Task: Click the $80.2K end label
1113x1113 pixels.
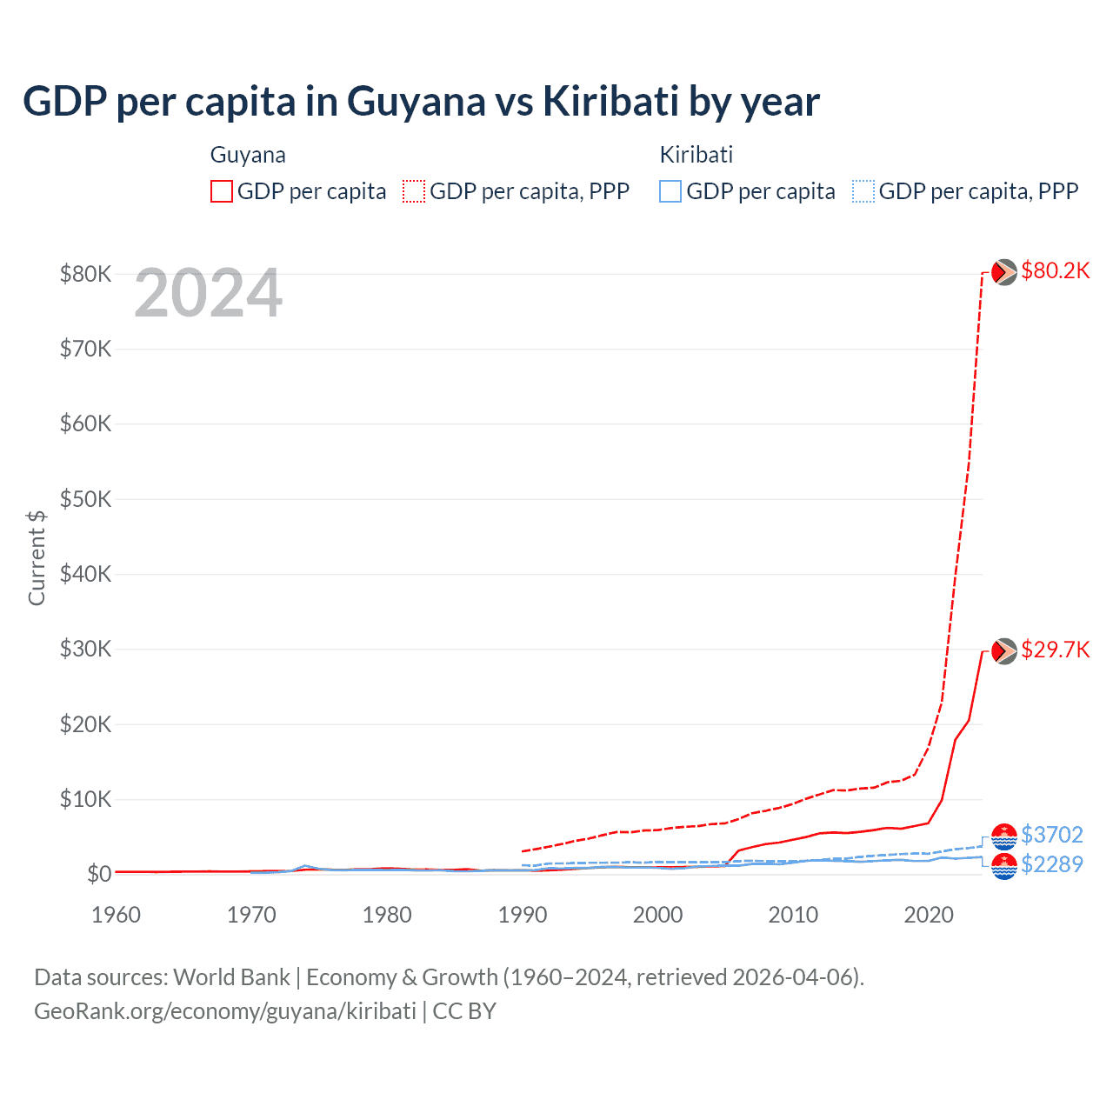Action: point(1055,271)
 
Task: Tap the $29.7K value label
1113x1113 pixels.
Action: point(1055,650)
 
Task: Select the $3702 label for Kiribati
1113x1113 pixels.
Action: point(1051,835)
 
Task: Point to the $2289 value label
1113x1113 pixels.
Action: point(1051,864)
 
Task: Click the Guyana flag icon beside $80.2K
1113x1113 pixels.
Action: point(1004,272)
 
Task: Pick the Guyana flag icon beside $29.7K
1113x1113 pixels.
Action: point(1004,650)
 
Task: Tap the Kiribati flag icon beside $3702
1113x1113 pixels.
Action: point(1004,836)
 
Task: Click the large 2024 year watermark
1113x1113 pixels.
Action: point(208,294)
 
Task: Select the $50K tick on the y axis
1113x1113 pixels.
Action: point(85,499)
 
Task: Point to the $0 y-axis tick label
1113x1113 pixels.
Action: point(99,874)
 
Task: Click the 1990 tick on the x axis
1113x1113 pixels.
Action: point(523,915)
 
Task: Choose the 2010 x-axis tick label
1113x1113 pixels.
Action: point(793,915)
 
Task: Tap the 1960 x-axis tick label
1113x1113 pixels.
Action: point(116,915)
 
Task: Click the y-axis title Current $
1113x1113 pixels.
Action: point(37,557)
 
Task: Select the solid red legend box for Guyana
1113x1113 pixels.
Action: point(222,191)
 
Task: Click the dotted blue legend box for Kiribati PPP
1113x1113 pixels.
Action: point(863,191)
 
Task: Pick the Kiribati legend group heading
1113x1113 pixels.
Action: point(696,155)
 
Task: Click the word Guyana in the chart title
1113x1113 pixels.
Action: point(416,101)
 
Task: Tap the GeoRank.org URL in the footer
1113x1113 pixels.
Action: point(225,1011)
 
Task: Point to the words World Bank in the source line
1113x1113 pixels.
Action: point(231,977)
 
